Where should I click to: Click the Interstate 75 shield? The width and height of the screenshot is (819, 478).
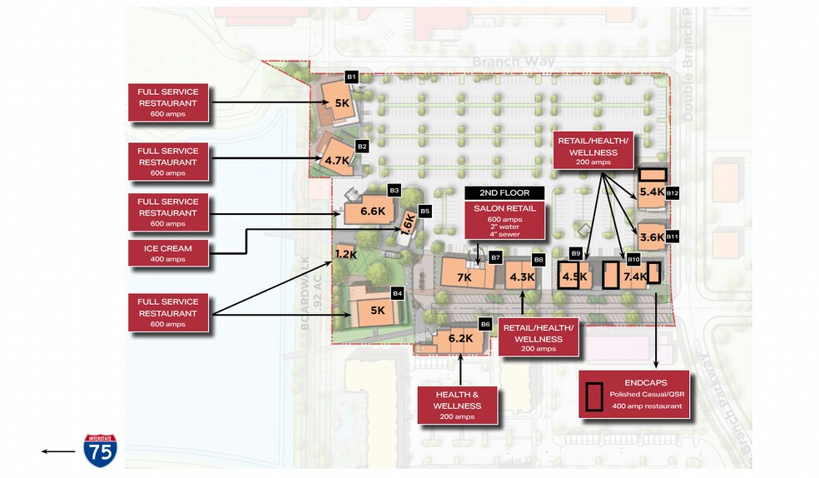[100, 450]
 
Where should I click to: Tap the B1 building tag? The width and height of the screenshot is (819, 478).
[351, 77]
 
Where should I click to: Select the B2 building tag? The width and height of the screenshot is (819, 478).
[362, 146]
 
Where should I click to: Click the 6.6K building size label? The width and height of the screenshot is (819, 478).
[372, 212]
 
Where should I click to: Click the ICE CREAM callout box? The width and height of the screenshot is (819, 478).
[169, 253]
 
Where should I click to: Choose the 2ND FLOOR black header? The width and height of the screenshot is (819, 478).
[504, 193]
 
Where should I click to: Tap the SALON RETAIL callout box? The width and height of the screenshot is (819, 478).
[504, 220]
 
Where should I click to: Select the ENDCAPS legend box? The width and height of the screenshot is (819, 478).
[634, 394]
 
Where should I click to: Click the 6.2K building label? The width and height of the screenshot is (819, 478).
[460, 338]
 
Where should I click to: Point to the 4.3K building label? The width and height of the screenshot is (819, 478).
[522, 276]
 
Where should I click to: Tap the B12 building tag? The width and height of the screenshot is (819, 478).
[673, 193]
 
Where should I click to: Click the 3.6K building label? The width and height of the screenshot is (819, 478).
[652, 237]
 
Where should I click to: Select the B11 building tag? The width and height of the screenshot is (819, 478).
[673, 237]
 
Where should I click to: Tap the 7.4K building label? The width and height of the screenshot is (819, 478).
[634, 276]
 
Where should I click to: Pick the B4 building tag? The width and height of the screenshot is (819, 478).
[397, 293]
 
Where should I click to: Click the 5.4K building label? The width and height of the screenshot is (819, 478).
[652, 192]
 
